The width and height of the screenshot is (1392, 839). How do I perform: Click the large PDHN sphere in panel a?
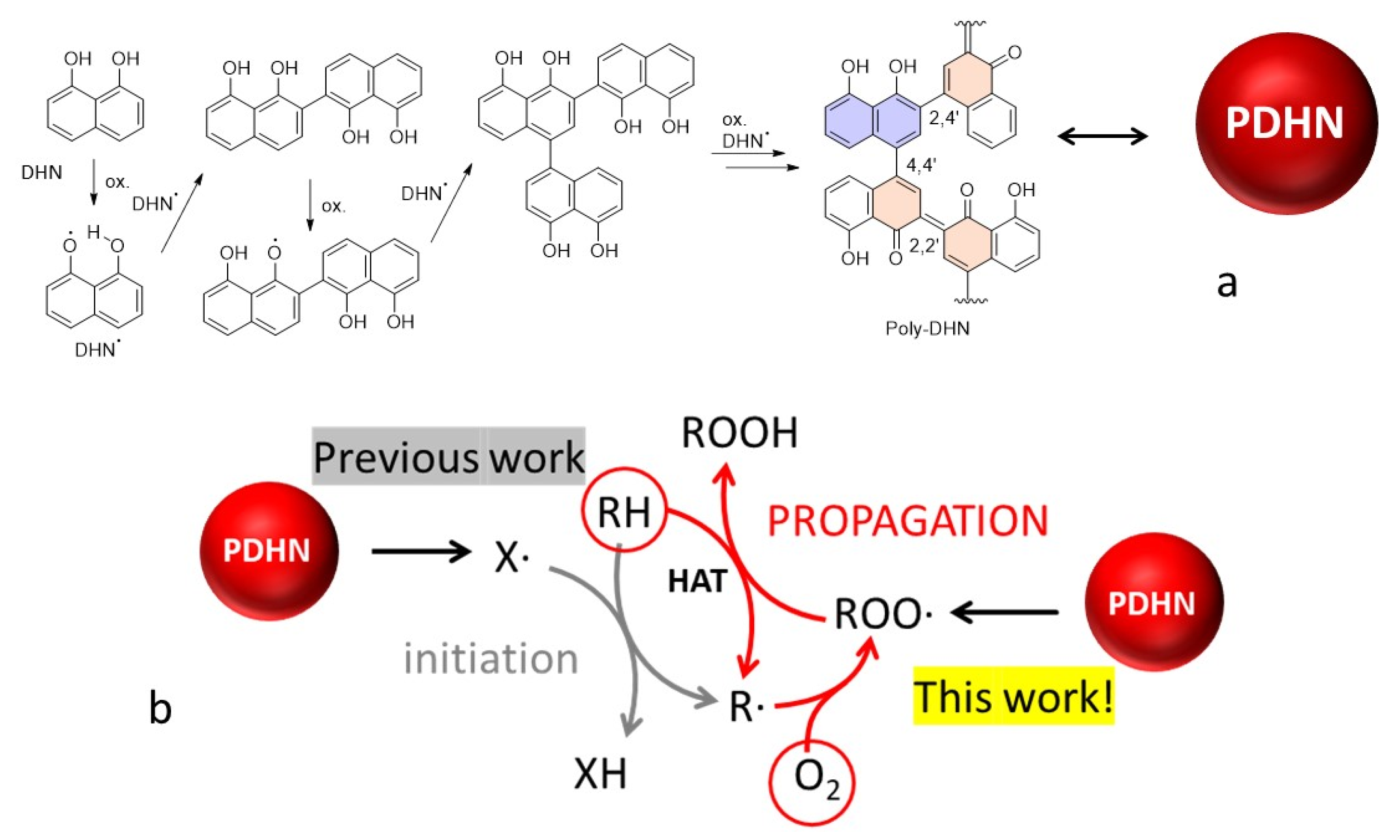[1286, 123]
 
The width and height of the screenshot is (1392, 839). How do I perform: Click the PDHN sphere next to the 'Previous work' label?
[269, 551]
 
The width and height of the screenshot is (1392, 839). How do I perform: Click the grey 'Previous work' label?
[448, 457]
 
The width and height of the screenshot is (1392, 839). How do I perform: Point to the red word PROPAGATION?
[908, 521]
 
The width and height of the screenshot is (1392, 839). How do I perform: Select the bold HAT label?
[697, 581]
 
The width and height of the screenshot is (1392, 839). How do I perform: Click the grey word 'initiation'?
[491, 659]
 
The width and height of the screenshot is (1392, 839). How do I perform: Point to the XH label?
[600, 774]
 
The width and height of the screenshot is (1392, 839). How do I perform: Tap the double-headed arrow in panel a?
[1102, 136]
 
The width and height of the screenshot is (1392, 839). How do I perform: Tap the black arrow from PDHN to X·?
[421, 551]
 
